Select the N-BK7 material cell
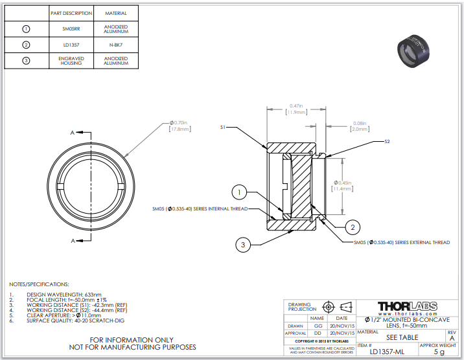(115, 45)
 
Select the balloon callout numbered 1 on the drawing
(240, 192)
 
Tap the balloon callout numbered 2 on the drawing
(352, 227)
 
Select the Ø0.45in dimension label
(341, 186)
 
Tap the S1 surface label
(222, 128)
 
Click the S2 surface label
(387, 141)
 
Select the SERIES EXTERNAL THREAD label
(401, 242)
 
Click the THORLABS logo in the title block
(407, 306)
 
